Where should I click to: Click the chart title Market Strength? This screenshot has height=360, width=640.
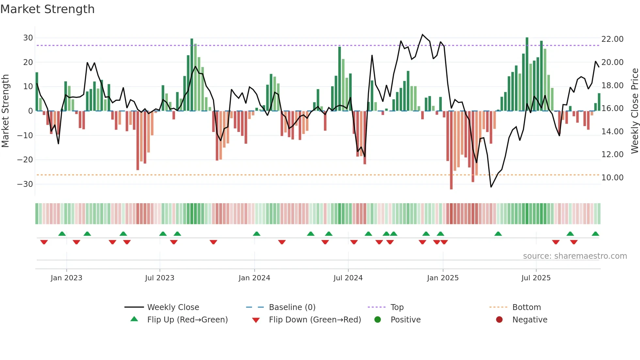(47, 9)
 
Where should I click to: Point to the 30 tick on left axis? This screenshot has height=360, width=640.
(28, 38)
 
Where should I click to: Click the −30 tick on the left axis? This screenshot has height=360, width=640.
(25, 184)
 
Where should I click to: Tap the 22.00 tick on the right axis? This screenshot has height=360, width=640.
(612, 39)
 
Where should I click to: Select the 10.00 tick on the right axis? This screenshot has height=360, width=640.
(612, 178)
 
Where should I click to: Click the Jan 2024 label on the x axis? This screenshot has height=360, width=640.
(254, 278)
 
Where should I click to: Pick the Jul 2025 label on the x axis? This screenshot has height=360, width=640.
(536, 278)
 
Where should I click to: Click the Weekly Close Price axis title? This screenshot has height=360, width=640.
(634, 111)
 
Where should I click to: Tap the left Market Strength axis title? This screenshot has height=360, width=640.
(5, 111)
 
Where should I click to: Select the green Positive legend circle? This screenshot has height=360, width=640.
(378, 320)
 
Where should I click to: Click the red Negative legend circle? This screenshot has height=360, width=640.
(499, 320)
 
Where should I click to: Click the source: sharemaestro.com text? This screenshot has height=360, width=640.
(575, 256)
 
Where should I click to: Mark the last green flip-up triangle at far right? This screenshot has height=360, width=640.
(595, 234)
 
